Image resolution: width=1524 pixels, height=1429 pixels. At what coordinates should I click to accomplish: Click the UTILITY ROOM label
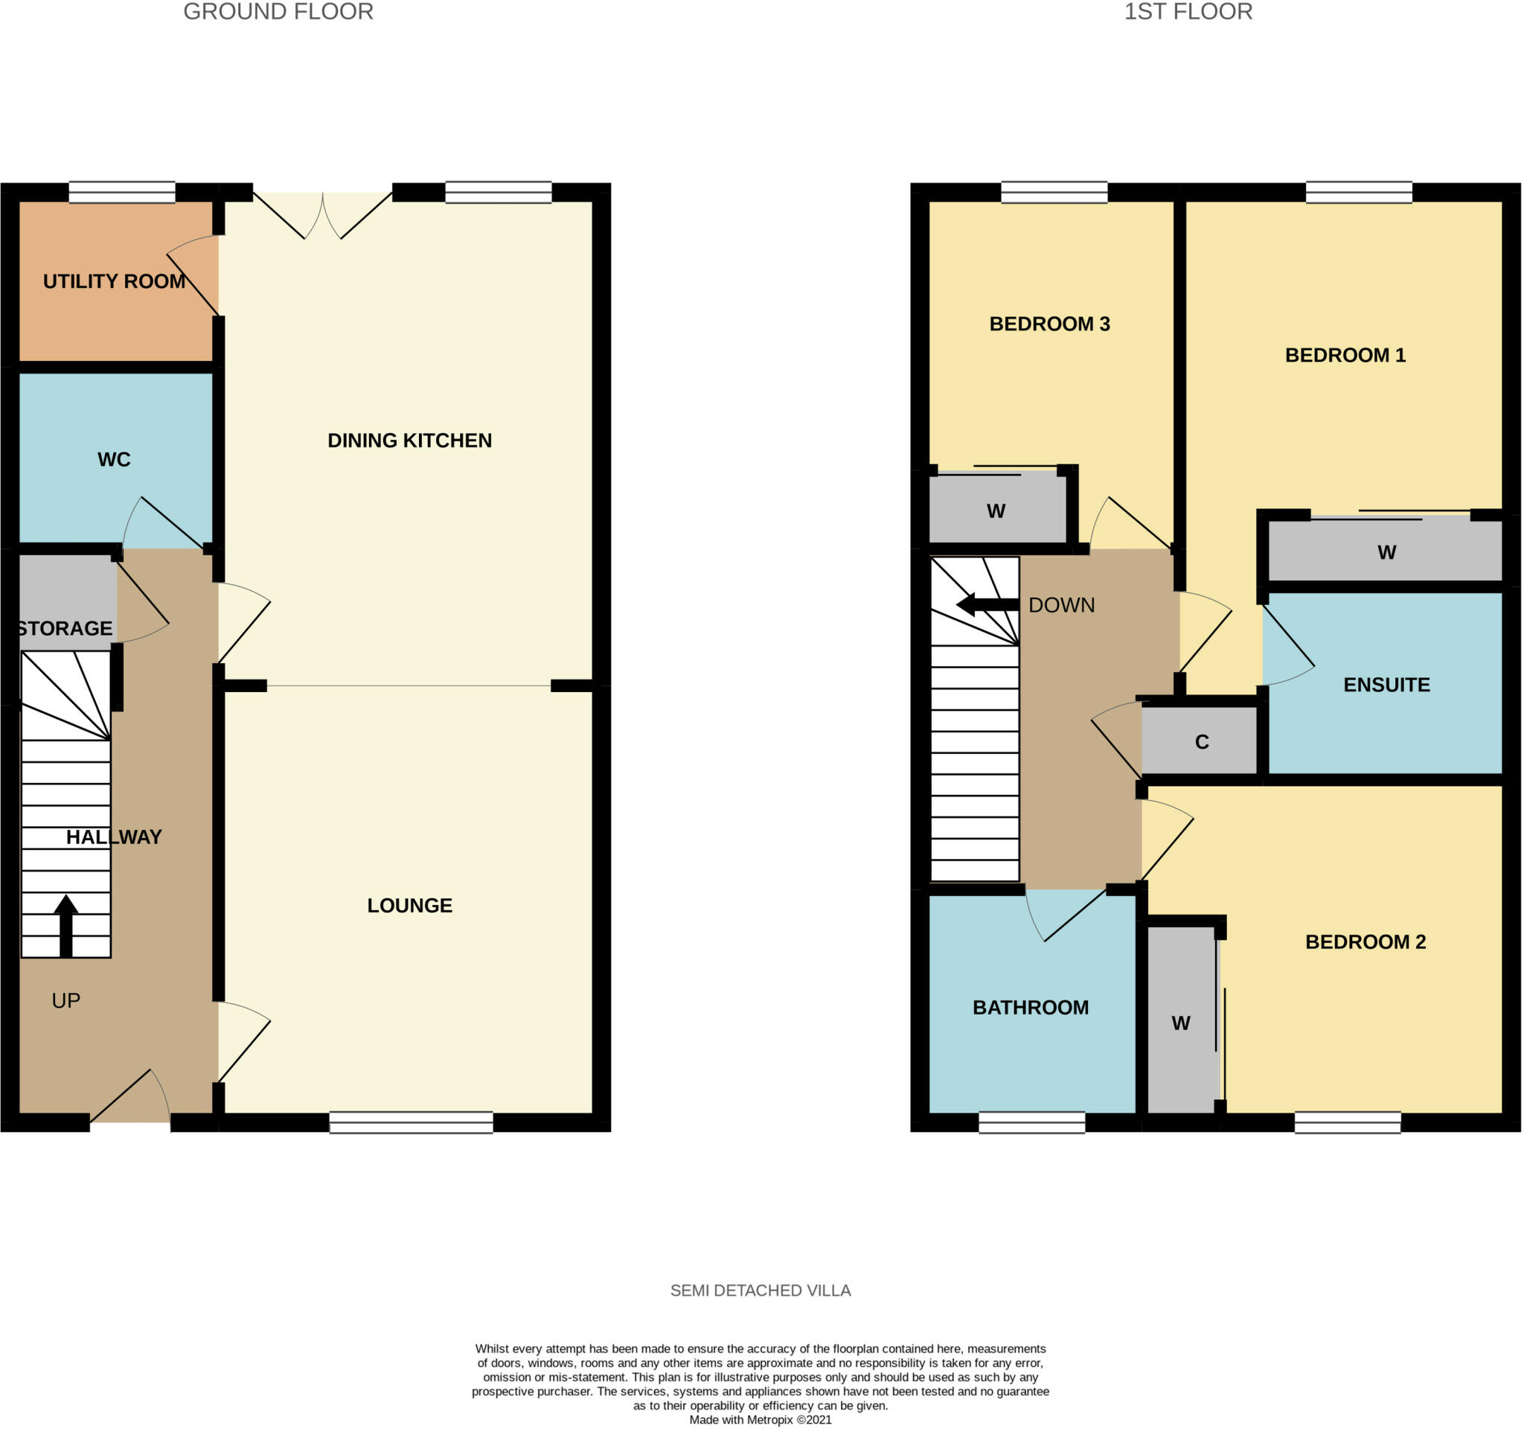point(114,281)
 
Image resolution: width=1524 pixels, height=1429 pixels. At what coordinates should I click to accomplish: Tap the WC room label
point(114,459)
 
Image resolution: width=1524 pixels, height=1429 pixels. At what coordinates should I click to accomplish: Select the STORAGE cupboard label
point(65,629)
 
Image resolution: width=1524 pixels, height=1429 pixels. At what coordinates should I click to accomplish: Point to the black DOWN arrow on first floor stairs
point(987,605)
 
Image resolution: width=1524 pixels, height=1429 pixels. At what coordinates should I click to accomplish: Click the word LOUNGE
point(409,905)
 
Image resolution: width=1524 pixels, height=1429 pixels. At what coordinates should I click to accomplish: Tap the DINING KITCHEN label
point(409,441)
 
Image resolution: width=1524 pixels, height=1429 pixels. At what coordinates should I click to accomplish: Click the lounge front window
point(411,1122)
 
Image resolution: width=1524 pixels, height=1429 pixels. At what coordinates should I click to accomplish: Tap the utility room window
point(122,192)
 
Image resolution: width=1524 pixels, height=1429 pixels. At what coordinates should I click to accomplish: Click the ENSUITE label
point(1386,685)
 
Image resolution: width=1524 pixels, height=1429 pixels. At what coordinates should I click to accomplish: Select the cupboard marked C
point(1201,741)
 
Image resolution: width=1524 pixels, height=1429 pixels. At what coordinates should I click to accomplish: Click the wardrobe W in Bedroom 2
point(1180,1023)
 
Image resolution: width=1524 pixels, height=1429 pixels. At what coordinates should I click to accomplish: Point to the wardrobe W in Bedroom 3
point(996,511)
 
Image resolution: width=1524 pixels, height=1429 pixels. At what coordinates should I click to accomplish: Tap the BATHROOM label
point(1031,1007)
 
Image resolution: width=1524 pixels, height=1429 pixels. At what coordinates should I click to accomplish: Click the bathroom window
point(1032,1122)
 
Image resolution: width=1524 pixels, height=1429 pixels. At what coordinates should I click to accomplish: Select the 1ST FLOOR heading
point(1188,11)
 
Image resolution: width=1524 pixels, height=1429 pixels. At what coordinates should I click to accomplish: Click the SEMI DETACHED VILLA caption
point(760,1291)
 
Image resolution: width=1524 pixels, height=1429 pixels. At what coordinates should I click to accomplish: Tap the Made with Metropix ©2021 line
point(760,1420)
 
